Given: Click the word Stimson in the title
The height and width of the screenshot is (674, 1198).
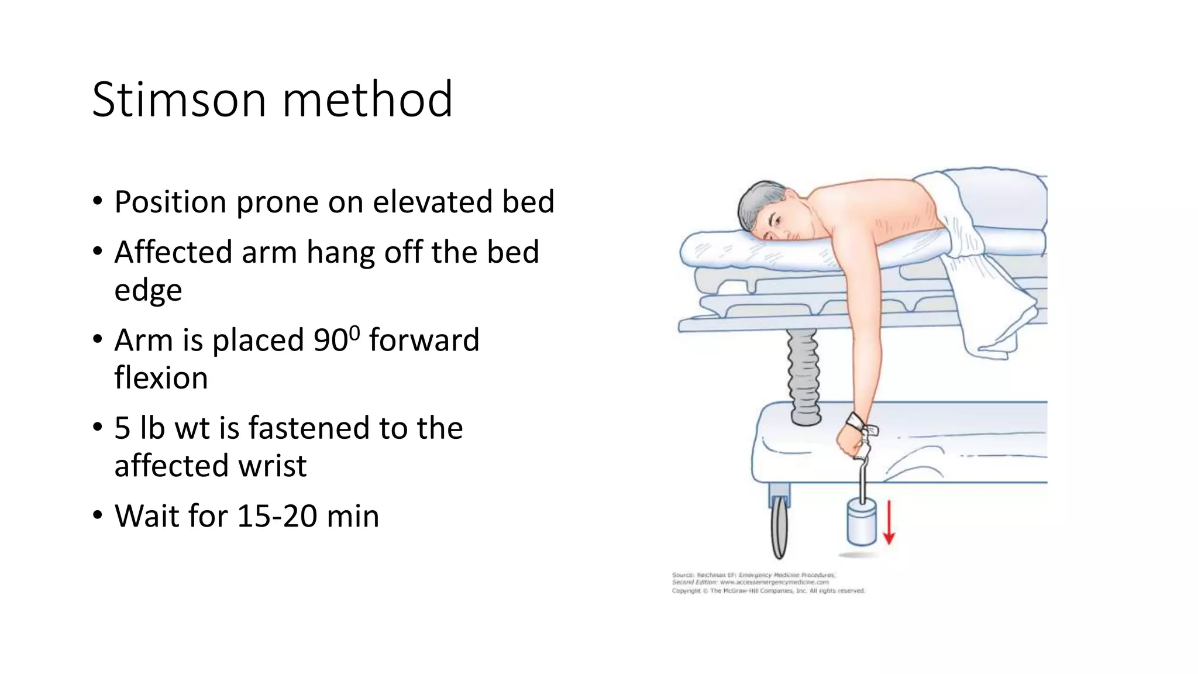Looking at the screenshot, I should [179, 99].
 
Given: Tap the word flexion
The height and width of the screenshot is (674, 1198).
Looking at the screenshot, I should [161, 378].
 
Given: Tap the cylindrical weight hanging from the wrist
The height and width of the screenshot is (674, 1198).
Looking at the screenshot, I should [862, 522].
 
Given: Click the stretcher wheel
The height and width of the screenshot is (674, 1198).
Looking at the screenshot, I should [779, 527].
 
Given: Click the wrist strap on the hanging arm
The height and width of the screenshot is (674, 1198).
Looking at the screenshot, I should [855, 420].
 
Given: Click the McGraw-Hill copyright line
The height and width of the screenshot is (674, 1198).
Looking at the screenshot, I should [768, 591].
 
